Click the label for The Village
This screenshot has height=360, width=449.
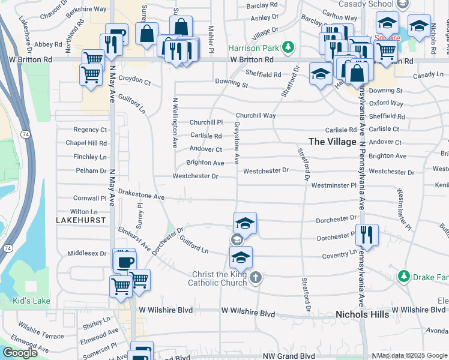333,142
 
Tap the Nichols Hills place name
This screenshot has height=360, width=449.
362,314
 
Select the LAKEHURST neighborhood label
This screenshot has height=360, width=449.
80,221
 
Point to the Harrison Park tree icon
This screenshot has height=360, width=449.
289,46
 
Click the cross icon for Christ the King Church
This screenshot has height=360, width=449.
256,277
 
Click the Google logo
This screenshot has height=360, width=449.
20,353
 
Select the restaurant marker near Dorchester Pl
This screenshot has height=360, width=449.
367,235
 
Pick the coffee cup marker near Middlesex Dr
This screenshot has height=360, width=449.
125,262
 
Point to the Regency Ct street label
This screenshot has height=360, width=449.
90,130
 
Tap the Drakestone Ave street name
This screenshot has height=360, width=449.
141,196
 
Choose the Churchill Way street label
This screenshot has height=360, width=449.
256,115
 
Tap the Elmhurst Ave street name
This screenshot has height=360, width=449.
134,238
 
